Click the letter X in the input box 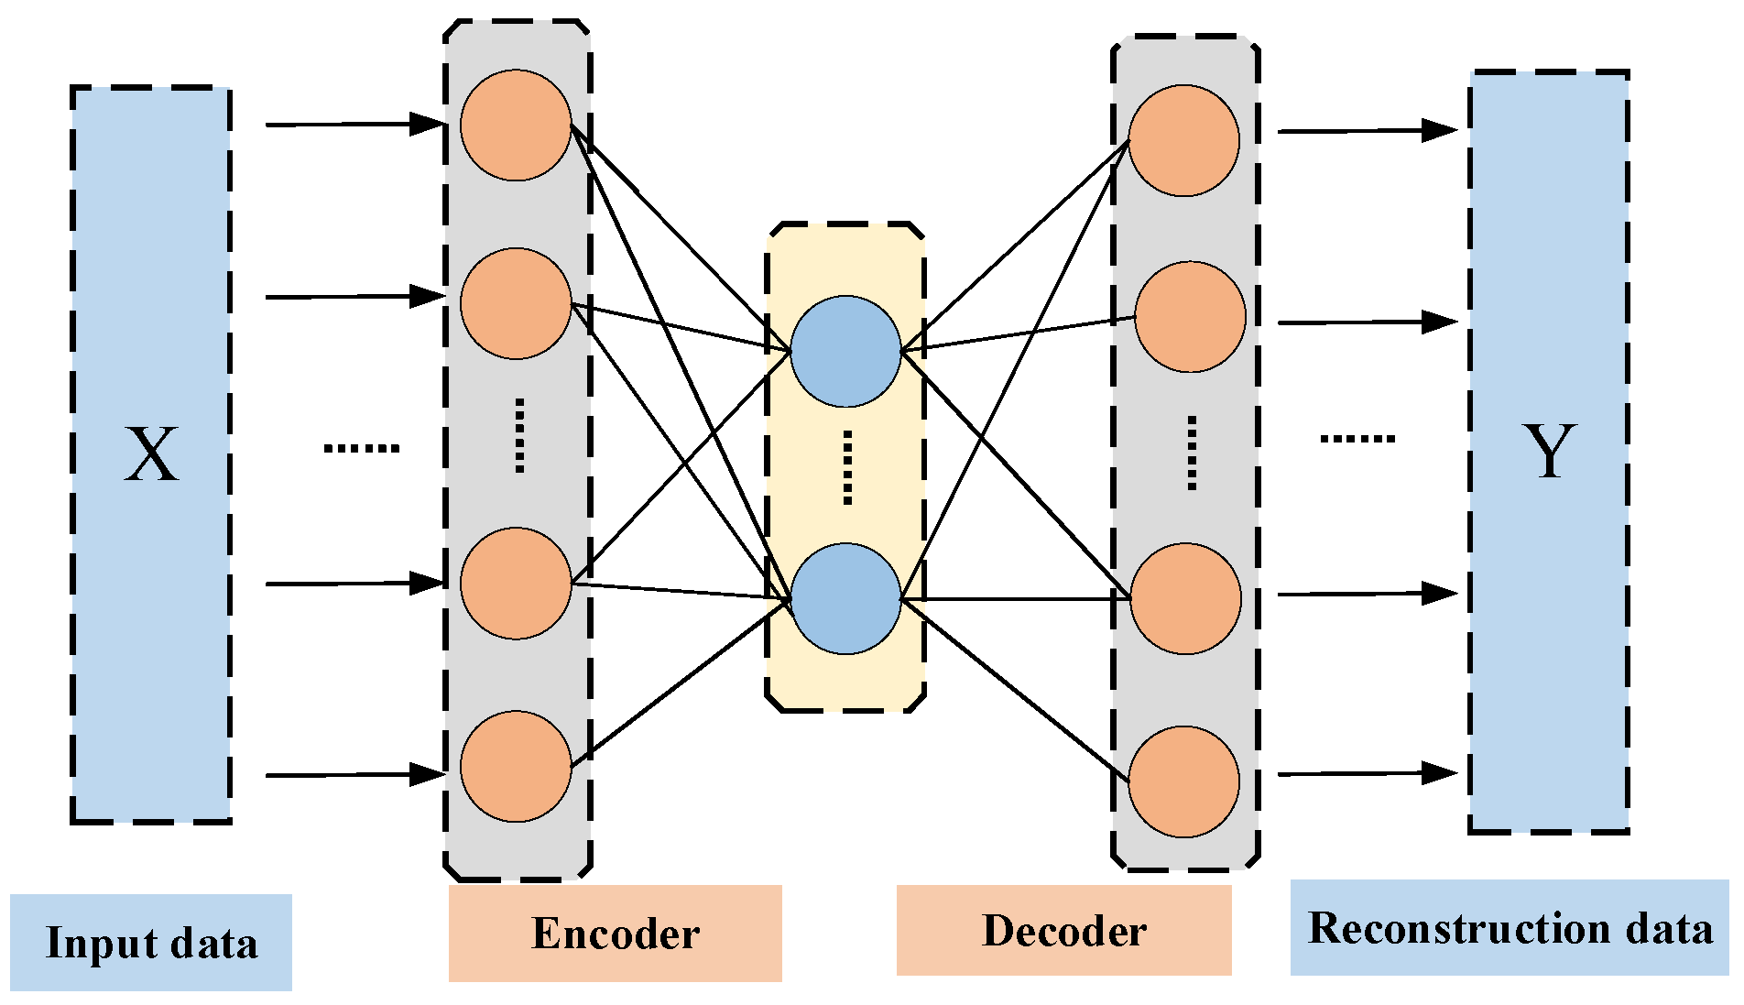[x=151, y=454]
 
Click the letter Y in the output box [x=1549, y=451]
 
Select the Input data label [x=151, y=943]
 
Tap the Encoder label [x=616, y=934]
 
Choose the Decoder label [x=1064, y=931]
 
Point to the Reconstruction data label [x=1510, y=928]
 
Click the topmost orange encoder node [x=516, y=126]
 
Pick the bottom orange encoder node [x=516, y=766]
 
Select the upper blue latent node [x=845, y=351]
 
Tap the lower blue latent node [x=845, y=599]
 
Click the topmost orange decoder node [x=1183, y=141]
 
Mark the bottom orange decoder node [x=1183, y=781]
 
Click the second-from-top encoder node [x=516, y=303]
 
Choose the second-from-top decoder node [x=1190, y=317]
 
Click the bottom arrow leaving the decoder [x=1368, y=774]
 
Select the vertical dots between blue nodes [x=847, y=467]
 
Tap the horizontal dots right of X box [x=362, y=448]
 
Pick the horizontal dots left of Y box [x=1357, y=439]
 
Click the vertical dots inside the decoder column [x=1192, y=453]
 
